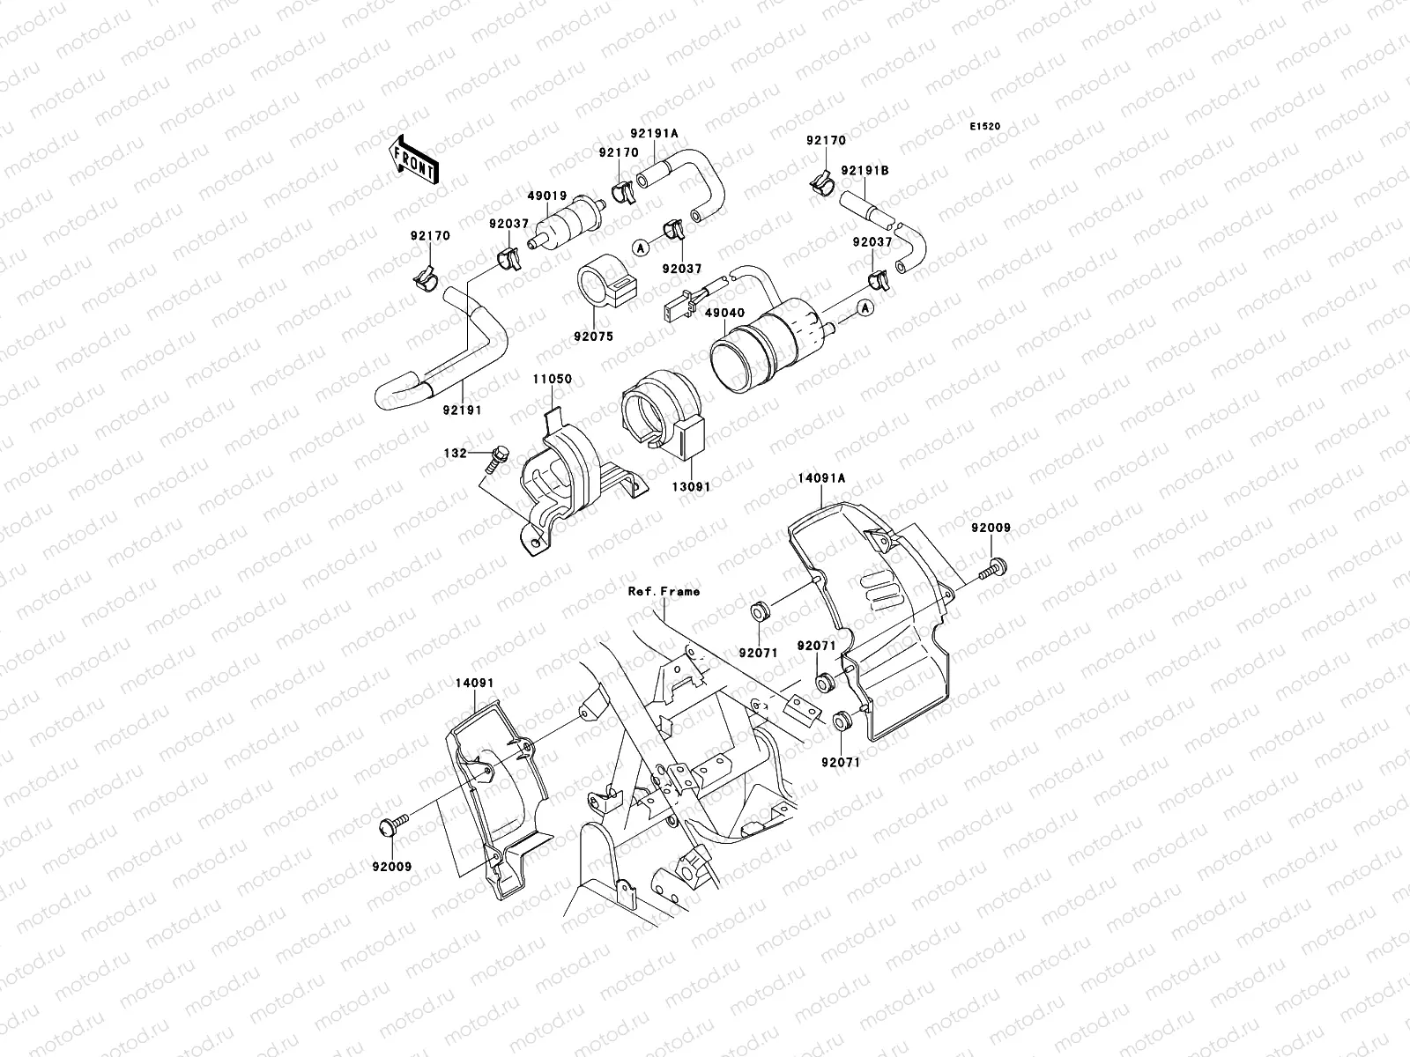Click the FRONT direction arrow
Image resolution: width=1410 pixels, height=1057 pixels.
tap(415, 159)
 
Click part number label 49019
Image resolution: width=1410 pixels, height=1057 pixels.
tap(547, 197)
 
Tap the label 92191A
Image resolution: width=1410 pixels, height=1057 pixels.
tap(654, 134)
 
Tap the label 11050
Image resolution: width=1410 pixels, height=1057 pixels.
tap(551, 379)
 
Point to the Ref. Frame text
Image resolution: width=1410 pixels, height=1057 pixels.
tap(664, 591)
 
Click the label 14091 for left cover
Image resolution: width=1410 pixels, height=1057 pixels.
tap(474, 682)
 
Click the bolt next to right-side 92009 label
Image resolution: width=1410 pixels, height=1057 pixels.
tap(995, 569)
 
